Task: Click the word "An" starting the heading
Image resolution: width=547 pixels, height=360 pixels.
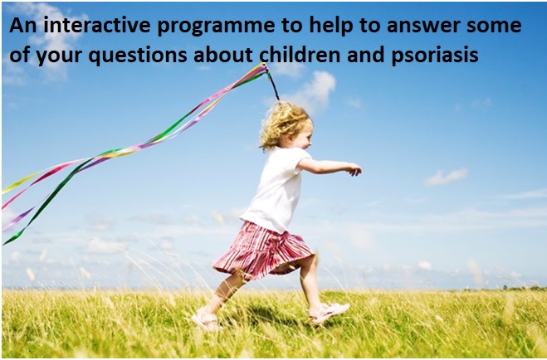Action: point(22,26)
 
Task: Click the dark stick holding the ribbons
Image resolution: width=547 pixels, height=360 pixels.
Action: point(272,84)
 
